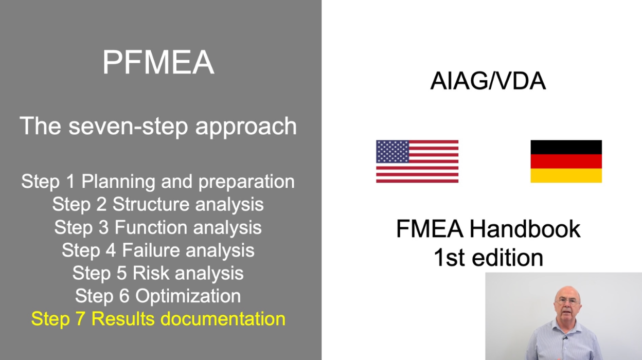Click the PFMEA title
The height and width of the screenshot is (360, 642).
(x=158, y=63)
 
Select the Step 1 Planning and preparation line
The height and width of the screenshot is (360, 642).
(x=158, y=182)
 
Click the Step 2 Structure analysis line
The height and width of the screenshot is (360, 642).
(x=158, y=204)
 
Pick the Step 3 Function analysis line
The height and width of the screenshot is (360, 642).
(x=158, y=227)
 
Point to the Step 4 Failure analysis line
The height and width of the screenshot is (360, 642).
(x=158, y=250)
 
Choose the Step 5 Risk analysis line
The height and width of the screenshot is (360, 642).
(x=158, y=273)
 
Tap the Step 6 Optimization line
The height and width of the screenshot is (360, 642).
(x=158, y=296)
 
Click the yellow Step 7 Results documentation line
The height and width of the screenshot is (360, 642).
(x=158, y=319)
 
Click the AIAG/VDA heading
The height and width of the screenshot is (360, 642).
(x=488, y=82)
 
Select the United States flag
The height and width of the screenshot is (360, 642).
(x=417, y=161)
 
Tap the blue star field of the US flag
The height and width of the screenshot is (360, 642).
(x=393, y=151)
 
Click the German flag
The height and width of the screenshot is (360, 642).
(x=566, y=161)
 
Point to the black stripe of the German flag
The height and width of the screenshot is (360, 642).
(x=566, y=147)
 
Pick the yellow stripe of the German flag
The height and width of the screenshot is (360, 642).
(x=566, y=176)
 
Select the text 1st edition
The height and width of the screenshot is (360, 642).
(x=488, y=257)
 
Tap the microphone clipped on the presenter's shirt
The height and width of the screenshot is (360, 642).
(x=564, y=338)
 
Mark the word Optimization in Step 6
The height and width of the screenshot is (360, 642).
(x=188, y=296)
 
